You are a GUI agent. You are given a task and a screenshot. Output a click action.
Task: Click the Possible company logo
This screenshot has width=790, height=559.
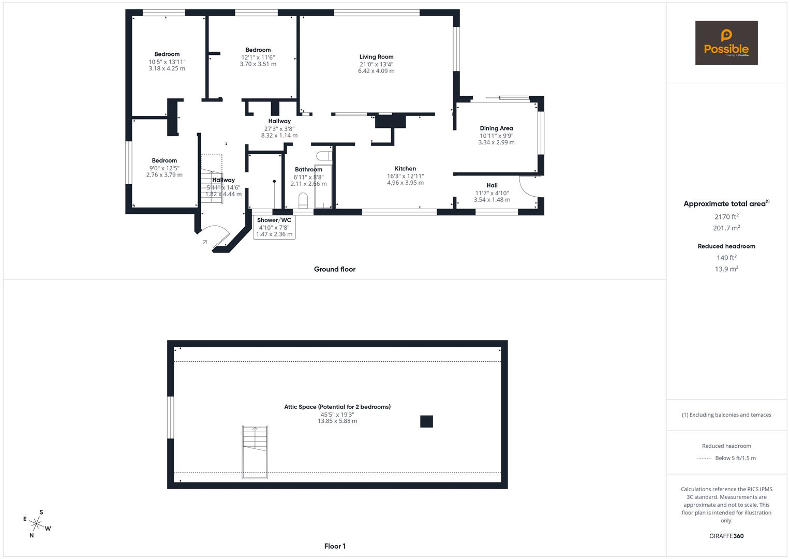[726, 43]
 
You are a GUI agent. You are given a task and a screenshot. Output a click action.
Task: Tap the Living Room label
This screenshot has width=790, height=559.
[376, 57]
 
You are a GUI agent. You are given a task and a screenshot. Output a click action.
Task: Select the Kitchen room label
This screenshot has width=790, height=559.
[405, 169]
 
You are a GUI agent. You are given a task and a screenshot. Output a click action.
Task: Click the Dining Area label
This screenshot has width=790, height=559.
[496, 128]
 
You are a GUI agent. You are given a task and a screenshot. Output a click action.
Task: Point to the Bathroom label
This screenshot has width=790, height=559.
[308, 170]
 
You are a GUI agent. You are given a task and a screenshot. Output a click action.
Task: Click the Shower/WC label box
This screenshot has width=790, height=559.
[274, 227]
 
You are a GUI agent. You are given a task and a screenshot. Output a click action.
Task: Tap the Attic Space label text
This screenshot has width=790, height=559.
[337, 407]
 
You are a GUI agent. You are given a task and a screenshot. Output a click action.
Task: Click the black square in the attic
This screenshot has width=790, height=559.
[426, 421]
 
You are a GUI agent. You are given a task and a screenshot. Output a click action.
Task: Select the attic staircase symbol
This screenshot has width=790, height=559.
[255, 452]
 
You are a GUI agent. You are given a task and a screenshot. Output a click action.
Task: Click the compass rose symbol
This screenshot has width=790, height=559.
[37, 524]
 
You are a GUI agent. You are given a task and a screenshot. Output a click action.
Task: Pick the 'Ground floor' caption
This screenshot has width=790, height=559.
[335, 269]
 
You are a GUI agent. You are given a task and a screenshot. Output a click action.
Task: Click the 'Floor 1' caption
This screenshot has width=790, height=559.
[335, 546]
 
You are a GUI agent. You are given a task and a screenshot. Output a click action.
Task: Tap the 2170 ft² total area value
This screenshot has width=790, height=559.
[726, 217]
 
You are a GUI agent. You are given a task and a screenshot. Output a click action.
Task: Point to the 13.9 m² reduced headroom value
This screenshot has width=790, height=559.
[726, 269]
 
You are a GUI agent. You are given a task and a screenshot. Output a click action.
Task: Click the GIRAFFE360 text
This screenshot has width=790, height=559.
[726, 536]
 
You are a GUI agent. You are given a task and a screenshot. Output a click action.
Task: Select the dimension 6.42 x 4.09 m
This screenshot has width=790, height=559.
[376, 71]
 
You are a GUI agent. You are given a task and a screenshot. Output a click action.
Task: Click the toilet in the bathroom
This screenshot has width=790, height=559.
[303, 200]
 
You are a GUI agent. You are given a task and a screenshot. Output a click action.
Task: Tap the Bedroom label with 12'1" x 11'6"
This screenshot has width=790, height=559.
[258, 50]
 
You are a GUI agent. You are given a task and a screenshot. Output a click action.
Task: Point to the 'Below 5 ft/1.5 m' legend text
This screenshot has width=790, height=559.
[735, 458]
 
